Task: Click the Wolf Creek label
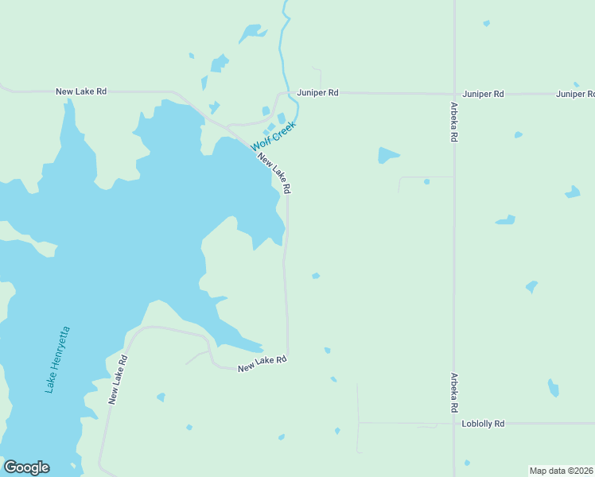pyautogui.click(x=274, y=136)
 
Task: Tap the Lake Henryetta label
pyautogui.click(x=57, y=359)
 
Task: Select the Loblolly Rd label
pyautogui.click(x=483, y=424)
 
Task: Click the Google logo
pyautogui.click(x=26, y=467)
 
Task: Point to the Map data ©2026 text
pyautogui.click(x=562, y=471)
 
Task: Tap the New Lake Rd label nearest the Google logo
pyautogui.click(x=118, y=380)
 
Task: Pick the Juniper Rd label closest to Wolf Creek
pyautogui.click(x=318, y=93)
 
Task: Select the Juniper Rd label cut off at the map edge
pyautogui.click(x=575, y=94)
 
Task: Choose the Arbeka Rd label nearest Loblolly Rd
pyautogui.click(x=454, y=392)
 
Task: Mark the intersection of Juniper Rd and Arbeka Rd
pyautogui.click(x=454, y=94)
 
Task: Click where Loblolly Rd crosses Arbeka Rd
pyautogui.click(x=454, y=424)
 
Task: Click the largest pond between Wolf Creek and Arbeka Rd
pyautogui.click(x=387, y=155)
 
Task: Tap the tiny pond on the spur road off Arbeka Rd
pyautogui.click(x=426, y=182)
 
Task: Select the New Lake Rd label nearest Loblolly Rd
pyautogui.click(x=262, y=363)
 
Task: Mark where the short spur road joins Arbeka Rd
pyautogui.click(x=454, y=176)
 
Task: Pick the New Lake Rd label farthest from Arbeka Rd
pyautogui.click(x=81, y=91)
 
